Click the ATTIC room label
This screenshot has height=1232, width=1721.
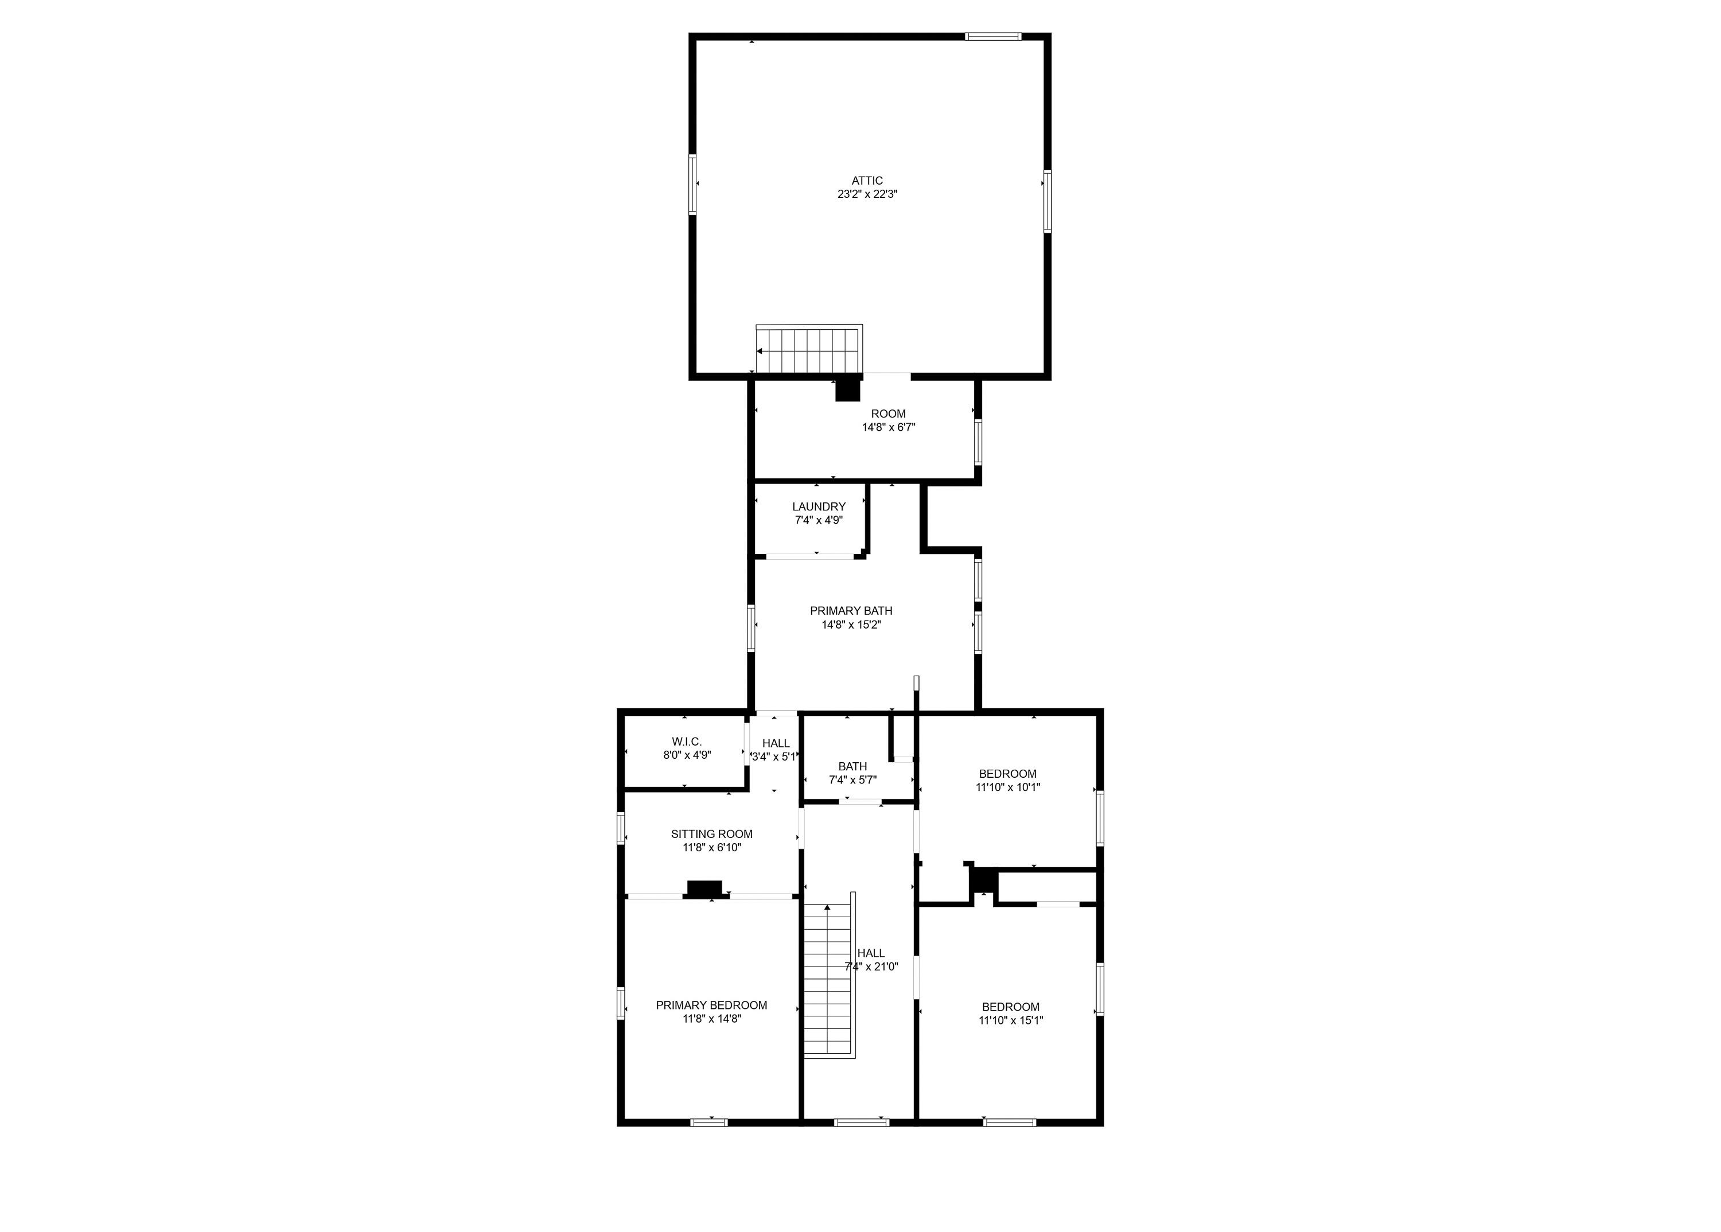pos(867,181)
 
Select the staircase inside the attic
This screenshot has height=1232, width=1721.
pos(809,350)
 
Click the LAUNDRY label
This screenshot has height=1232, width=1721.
pos(819,507)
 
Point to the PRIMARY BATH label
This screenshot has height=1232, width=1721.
pos(851,611)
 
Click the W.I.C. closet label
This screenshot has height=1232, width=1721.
pos(687,741)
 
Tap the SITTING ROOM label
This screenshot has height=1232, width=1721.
pos(712,834)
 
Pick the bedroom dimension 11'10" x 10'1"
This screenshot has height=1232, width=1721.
pos(1008,787)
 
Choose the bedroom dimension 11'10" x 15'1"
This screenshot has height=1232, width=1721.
pos(1011,1020)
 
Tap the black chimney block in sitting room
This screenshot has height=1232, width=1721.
pos(704,888)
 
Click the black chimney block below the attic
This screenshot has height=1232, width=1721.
pos(848,390)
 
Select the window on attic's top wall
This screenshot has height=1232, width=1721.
pos(992,36)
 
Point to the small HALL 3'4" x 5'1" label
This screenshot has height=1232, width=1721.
pos(775,750)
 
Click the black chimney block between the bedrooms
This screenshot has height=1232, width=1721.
pos(984,880)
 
